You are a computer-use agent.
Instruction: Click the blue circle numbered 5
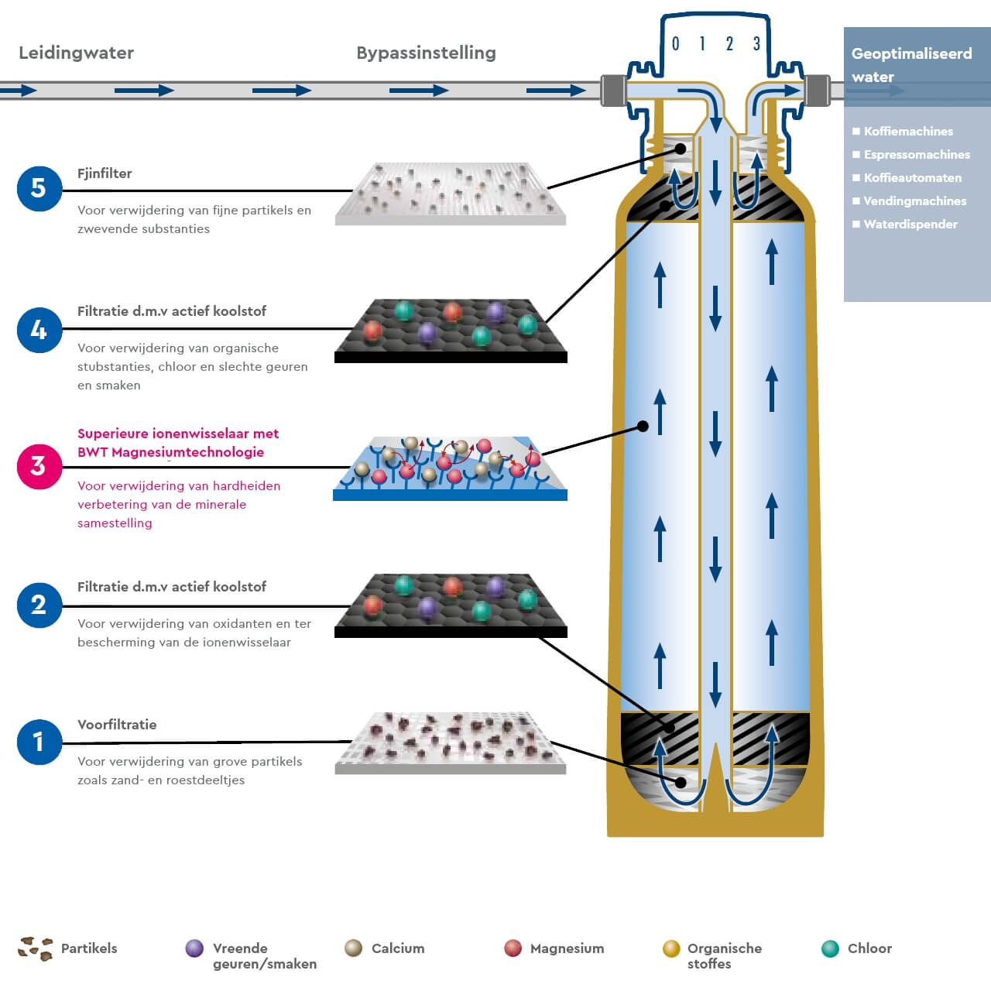pos(39,188)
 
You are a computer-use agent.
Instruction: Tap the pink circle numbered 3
pos(39,466)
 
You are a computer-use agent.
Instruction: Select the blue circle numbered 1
pos(39,742)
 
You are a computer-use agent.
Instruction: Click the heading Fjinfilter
pos(105,173)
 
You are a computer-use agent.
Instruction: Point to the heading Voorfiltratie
pos(117,725)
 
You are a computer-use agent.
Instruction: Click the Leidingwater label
pos(76,53)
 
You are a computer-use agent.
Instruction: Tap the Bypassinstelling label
pos(426,53)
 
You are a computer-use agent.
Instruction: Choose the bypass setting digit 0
pos(675,44)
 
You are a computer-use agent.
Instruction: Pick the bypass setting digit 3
pos(756,44)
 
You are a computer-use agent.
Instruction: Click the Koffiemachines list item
pos(907,132)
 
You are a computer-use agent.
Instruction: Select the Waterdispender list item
pos(910,225)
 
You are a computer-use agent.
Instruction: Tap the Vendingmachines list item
pos(914,201)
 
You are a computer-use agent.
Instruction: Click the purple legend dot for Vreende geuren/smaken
pos(194,948)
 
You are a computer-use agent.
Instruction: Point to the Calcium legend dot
pos(354,948)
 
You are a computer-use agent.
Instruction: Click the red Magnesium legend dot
pos(513,948)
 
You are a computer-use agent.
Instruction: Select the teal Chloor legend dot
pos(830,948)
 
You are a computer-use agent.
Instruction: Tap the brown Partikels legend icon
pos(36,948)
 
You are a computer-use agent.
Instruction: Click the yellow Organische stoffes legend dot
pos(671,948)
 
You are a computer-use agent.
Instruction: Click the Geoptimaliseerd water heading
pos(911,65)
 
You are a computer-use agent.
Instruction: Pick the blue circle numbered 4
pos(39,331)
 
